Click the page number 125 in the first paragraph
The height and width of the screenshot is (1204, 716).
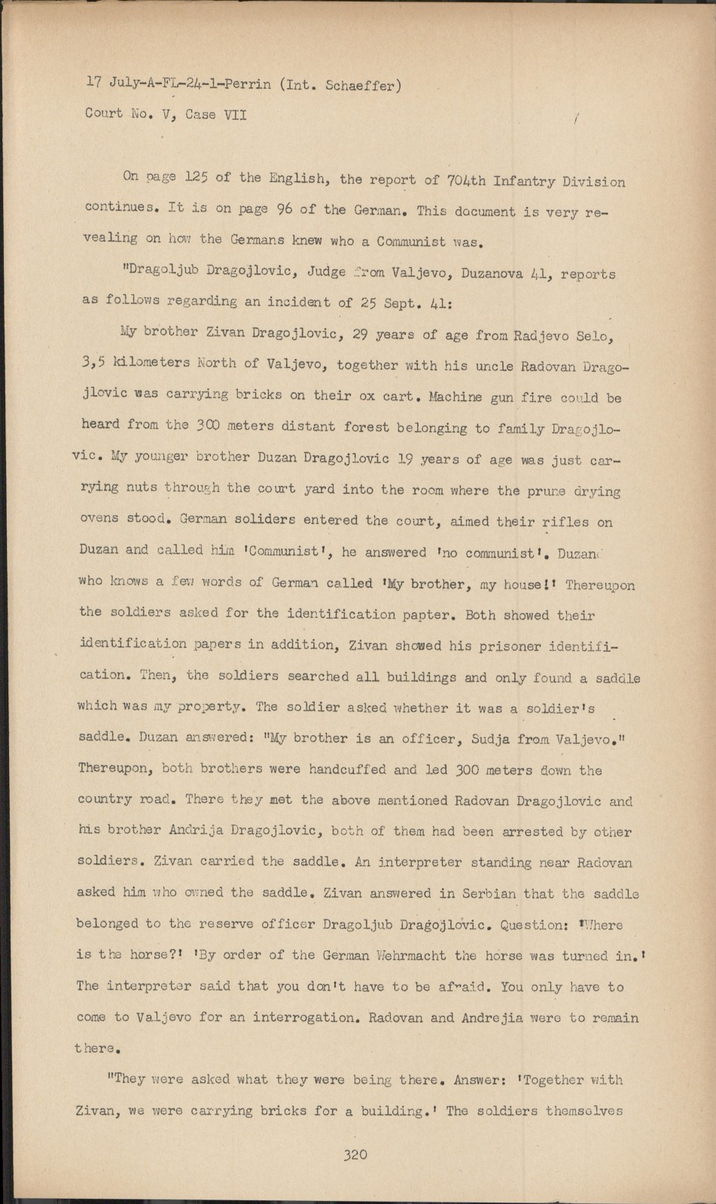point(197,178)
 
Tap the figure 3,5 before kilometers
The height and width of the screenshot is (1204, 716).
point(93,362)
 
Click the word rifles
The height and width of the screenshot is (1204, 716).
point(566,521)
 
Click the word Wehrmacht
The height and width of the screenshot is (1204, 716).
point(413,956)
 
